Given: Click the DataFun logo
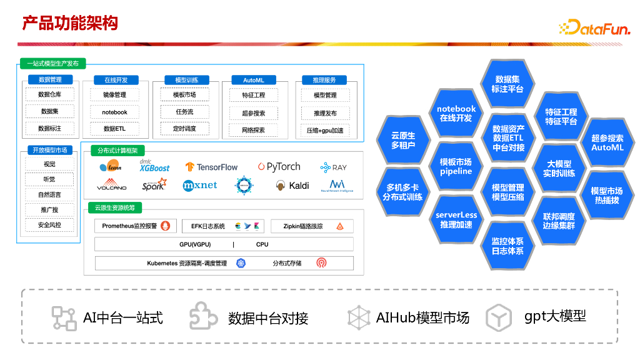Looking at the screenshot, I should pyautogui.click(x=594, y=27).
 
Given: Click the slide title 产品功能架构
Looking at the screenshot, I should pyautogui.click(x=70, y=24).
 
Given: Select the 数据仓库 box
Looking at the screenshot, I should pyautogui.click(x=49, y=95).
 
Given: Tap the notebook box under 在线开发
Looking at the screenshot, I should pyautogui.click(x=114, y=112).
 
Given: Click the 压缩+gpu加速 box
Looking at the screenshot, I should pyautogui.click(x=324, y=131).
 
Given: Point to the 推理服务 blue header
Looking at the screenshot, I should pyautogui.click(x=324, y=80).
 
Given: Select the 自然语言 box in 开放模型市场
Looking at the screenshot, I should pyautogui.click(x=49, y=194).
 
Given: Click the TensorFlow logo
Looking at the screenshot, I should pyautogui.click(x=211, y=167).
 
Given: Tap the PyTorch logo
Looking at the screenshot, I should pyautogui.click(x=279, y=167).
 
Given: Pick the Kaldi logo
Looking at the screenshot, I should pyautogui.click(x=292, y=186).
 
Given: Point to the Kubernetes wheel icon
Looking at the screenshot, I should pyautogui.click(x=241, y=263).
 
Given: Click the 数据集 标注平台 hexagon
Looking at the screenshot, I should pyautogui.click(x=507, y=84).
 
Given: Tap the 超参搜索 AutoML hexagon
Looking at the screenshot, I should pyautogui.click(x=607, y=143).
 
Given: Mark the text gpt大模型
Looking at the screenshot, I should pyautogui.click(x=555, y=316).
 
